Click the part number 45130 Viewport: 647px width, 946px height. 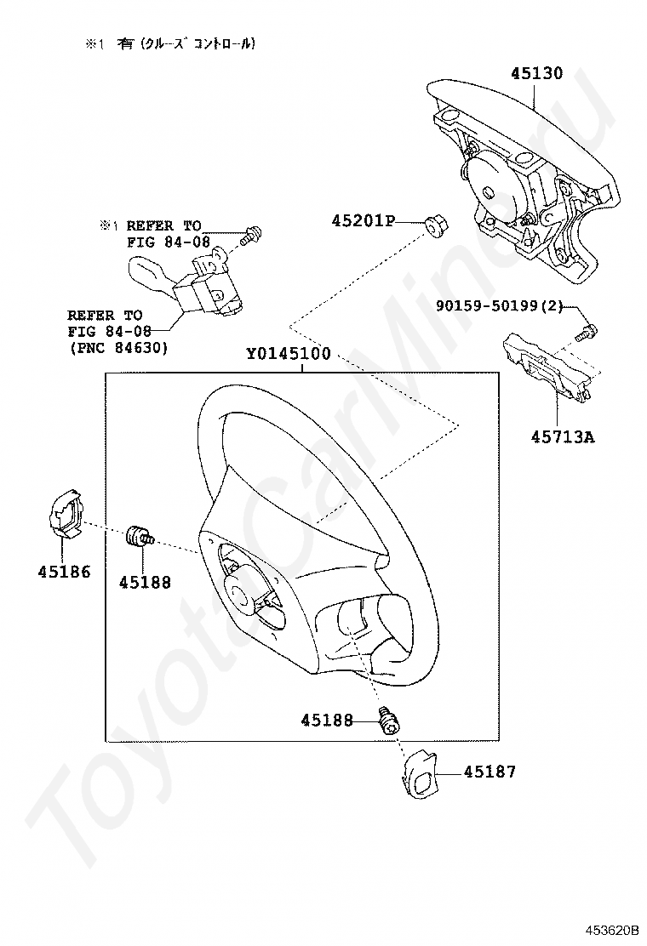[536, 73]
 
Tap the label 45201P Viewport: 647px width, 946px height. [364, 221]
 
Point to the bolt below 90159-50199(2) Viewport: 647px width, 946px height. [587, 332]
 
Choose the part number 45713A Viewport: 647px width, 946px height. [563, 438]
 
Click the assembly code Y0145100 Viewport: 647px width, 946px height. [288, 354]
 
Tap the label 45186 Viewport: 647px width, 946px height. [64, 572]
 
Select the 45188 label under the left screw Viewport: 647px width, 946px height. [145, 583]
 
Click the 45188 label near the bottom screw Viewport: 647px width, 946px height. [326, 721]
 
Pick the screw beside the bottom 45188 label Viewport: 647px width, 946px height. [391, 721]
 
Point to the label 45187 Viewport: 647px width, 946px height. [490, 772]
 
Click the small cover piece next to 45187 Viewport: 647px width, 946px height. [418, 772]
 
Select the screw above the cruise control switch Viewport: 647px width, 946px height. [250, 236]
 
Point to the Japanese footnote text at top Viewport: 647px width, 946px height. [169, 43]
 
